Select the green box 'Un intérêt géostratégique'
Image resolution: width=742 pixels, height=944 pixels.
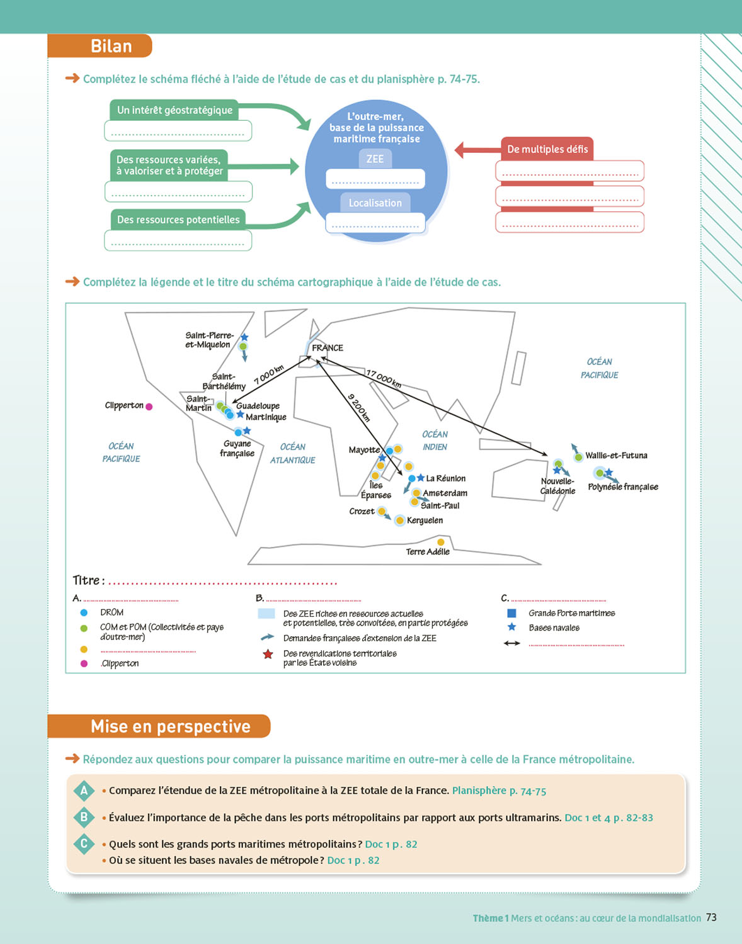[174, 110]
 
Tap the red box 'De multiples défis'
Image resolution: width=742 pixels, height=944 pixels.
[547, 149]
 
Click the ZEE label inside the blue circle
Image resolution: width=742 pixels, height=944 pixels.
[375, 159]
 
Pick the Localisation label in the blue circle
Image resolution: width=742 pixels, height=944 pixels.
[375, 203]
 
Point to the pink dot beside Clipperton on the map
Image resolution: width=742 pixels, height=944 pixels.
[149, 407]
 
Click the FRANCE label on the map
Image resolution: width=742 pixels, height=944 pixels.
[328, 347]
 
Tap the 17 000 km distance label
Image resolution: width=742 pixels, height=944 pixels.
[384, 378]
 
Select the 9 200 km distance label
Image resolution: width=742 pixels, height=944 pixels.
[359, 407]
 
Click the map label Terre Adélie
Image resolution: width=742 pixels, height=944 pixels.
[428, 552]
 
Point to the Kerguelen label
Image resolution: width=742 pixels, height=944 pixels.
[425, 520]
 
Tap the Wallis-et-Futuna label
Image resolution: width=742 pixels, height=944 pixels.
[616, 456]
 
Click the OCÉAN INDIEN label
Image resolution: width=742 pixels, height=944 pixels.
[435, 441]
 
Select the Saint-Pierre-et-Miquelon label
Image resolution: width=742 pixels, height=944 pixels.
[209, 340]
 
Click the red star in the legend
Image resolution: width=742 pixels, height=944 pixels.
[268, 655]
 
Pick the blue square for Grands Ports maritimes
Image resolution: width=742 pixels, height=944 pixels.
[511, 613]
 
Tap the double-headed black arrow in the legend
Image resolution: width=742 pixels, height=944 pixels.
[511, 643]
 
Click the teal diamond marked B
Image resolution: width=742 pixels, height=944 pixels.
[84, 818]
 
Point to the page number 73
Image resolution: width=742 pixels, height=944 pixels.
[711, 918]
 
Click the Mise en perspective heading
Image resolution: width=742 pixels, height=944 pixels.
[170, 726]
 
